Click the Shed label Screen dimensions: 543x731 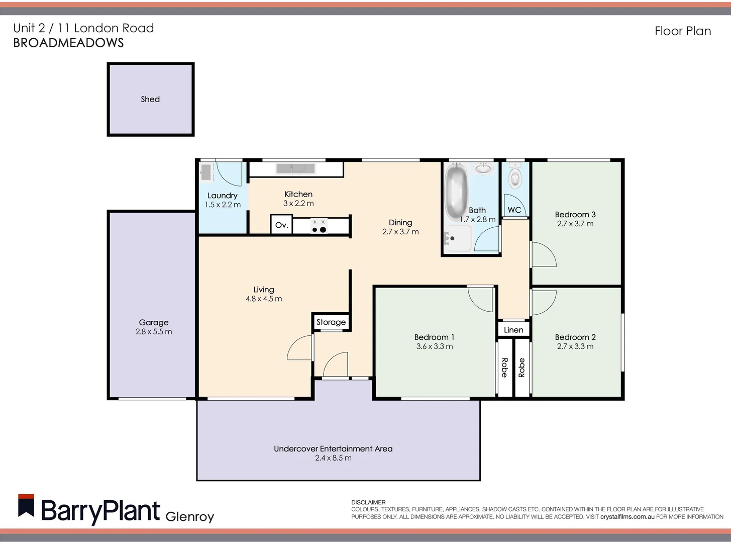click(x=150, y=99)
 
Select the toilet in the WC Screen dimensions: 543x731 click(x=514, y=176)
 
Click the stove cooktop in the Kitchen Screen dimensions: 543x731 click(x=319, y=226)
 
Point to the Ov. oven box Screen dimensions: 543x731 click(x=282, y=225)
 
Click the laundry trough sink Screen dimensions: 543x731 click(x=206, y=172)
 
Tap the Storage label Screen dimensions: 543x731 click(x=331, y=322)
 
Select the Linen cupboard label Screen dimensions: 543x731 click(x=513, y=330)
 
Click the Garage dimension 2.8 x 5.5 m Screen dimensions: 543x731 click(x=154, y=332)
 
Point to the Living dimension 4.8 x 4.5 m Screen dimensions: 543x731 click(x=264, y=299)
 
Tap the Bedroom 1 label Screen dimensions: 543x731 click(x=434, y=337)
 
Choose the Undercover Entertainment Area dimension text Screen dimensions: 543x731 click(x=333, y=458)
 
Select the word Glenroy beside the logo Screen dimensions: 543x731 click(x=189, y=516)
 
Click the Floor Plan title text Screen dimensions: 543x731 click(x=682, y=31)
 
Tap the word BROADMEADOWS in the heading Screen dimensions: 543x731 click(x=68, y=43)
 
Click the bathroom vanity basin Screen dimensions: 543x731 click(x=484, y=168)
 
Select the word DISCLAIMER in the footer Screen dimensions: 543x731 click(x=368, y=502)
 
